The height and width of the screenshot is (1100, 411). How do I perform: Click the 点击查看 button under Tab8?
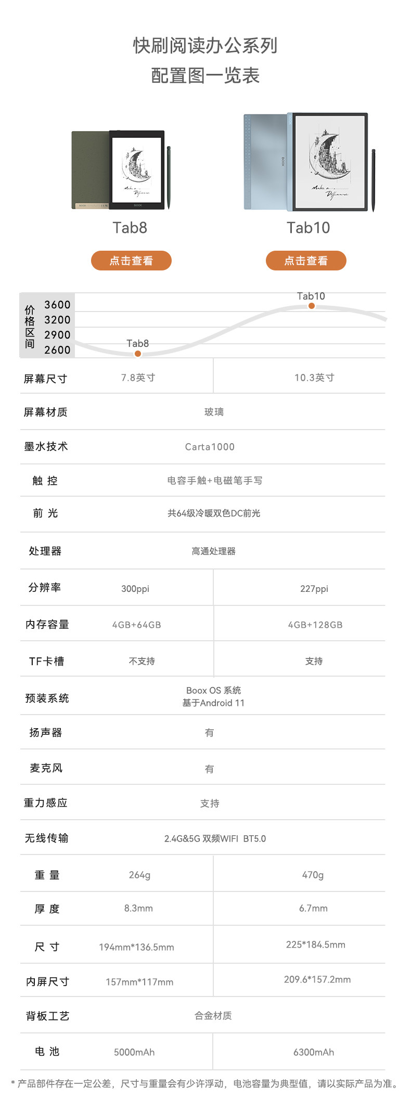[x=131, y=261]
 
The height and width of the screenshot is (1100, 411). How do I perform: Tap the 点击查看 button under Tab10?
[x=306, y=261]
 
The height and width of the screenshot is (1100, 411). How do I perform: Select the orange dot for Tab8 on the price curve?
[x=138, y=354]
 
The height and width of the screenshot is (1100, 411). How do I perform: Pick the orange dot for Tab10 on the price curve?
[x=311, y=306]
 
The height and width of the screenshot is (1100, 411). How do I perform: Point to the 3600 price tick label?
[x=57, y=305]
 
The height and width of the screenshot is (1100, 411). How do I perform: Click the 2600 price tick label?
[x=57, y=350]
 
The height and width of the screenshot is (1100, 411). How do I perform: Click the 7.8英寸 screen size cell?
[x=138, y=378]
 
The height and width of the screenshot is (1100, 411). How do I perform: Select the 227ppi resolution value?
[x=314, y=589]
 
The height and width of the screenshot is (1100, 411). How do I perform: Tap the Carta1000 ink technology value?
[x=210, y=447]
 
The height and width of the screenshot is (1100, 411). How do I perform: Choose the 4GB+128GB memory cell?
[x=315, y=625]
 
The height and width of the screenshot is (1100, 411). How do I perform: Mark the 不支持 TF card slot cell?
[x=142, y=661]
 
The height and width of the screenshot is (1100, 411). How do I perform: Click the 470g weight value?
[x=313, y=875]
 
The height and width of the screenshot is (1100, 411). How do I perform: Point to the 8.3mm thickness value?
[x=138, y=908]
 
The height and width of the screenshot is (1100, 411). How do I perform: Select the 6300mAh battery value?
[x=314, y=1052]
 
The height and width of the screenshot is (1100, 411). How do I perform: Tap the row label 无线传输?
[x=46, y=838]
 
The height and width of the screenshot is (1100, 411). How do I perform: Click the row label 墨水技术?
[x=46, y=446]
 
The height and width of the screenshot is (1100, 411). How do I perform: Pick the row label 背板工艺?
[x=47, y=1016]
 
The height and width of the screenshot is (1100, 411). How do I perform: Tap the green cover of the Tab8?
[x=89, y=166]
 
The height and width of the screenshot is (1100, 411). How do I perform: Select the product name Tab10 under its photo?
[x=308, y=228]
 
